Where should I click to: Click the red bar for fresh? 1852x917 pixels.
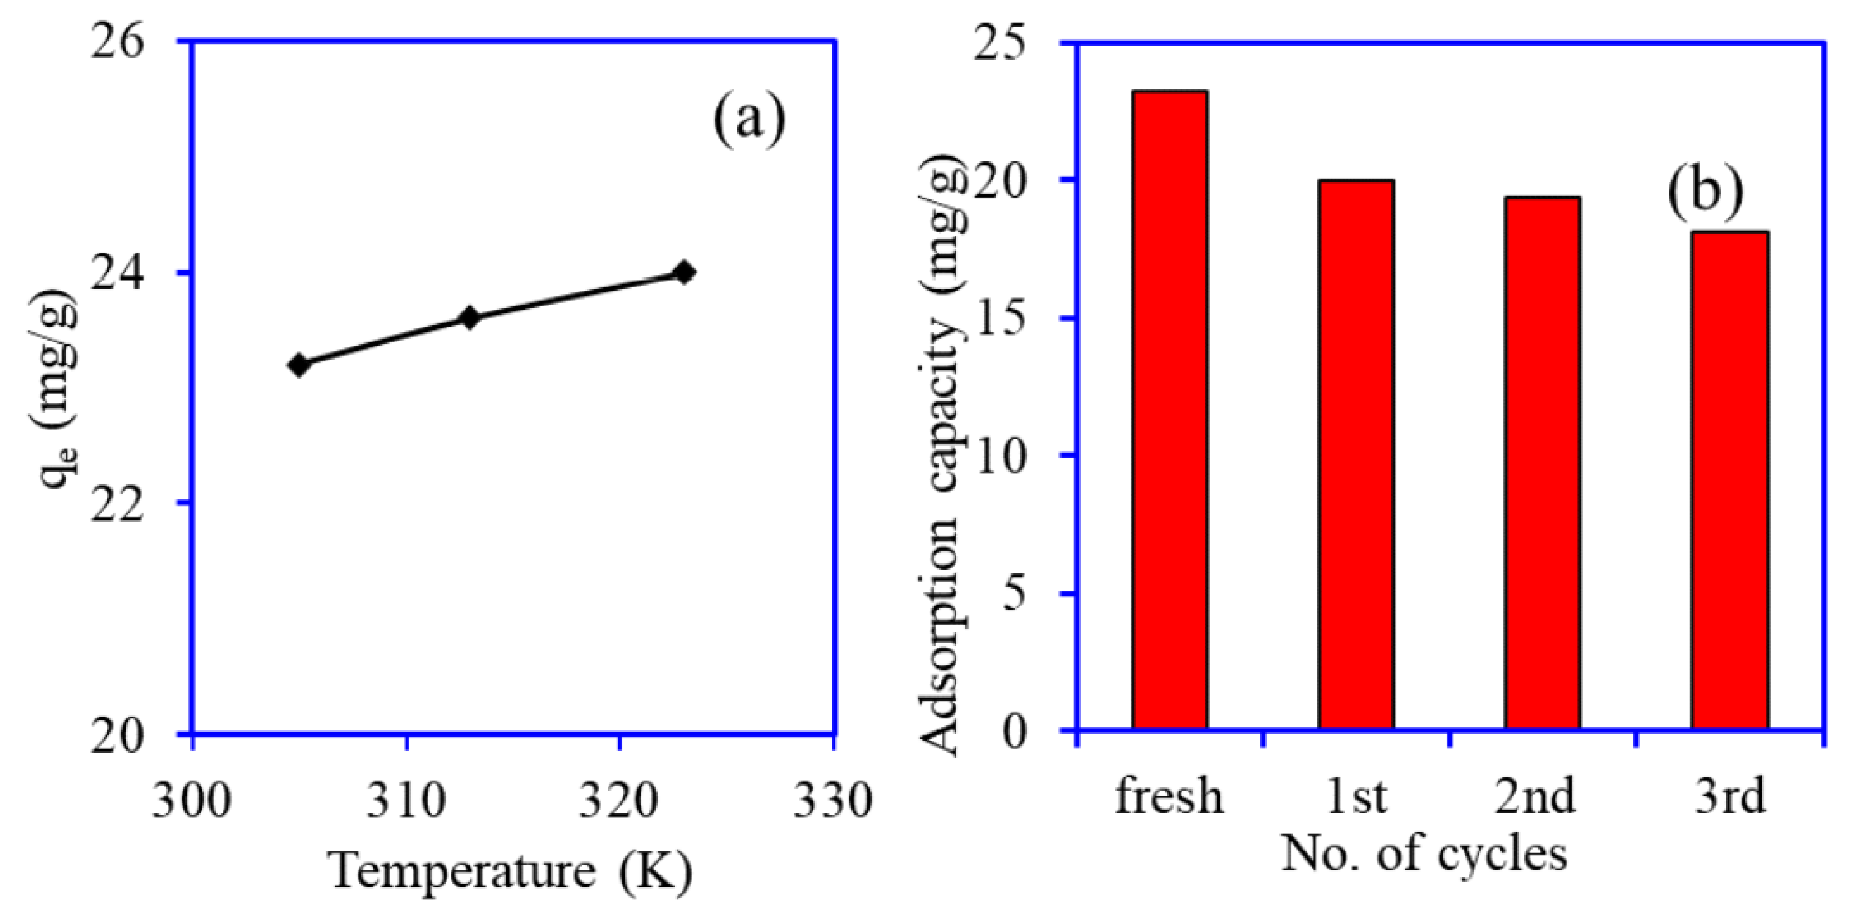tap(1169, 410)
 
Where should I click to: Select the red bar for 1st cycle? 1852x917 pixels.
tap(1356, 455)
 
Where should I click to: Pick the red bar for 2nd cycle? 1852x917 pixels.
tap(1542, 464)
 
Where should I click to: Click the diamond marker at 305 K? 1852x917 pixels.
tap(299, 365)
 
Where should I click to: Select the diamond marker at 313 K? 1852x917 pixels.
tap(470, 318)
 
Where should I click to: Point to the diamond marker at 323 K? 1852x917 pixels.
tap(685, 272)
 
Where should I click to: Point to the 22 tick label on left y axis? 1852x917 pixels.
tap(117, 504)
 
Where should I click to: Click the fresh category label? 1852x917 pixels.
tap(1169, 796)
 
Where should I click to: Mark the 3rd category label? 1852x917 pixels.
tap(1729, 796)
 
